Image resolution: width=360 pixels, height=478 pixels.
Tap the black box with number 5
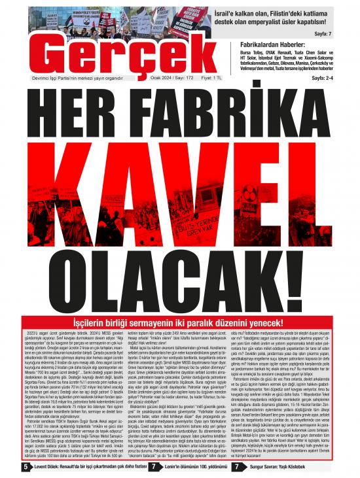[25, 467]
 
